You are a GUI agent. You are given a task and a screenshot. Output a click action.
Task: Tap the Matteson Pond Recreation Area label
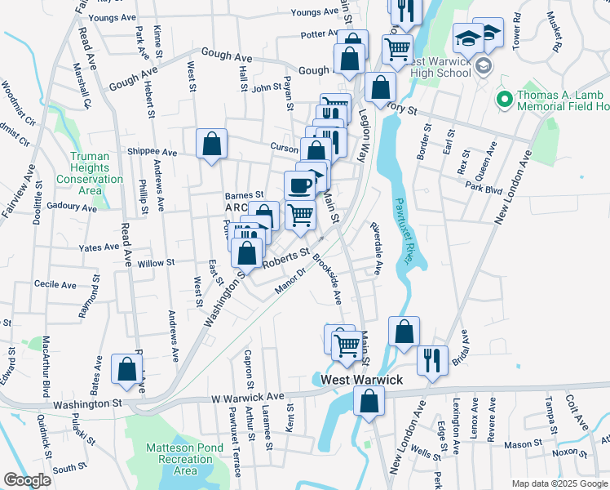(x=185, y=458)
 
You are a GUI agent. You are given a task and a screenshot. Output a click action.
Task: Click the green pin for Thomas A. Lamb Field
(x=504, y=100)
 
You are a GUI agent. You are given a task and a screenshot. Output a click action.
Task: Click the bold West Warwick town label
(x=361, y=381)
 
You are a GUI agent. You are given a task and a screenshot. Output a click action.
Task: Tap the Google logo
(x=27, y=480)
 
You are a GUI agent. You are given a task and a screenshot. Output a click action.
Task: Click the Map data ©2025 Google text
(x=559, y=483)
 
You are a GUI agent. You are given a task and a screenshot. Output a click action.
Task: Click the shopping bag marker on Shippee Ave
(x=211, y=145)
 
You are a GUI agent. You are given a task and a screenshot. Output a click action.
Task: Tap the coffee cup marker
(x=300, y=185)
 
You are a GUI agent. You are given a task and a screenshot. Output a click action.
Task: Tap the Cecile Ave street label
(x=55, y=285)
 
